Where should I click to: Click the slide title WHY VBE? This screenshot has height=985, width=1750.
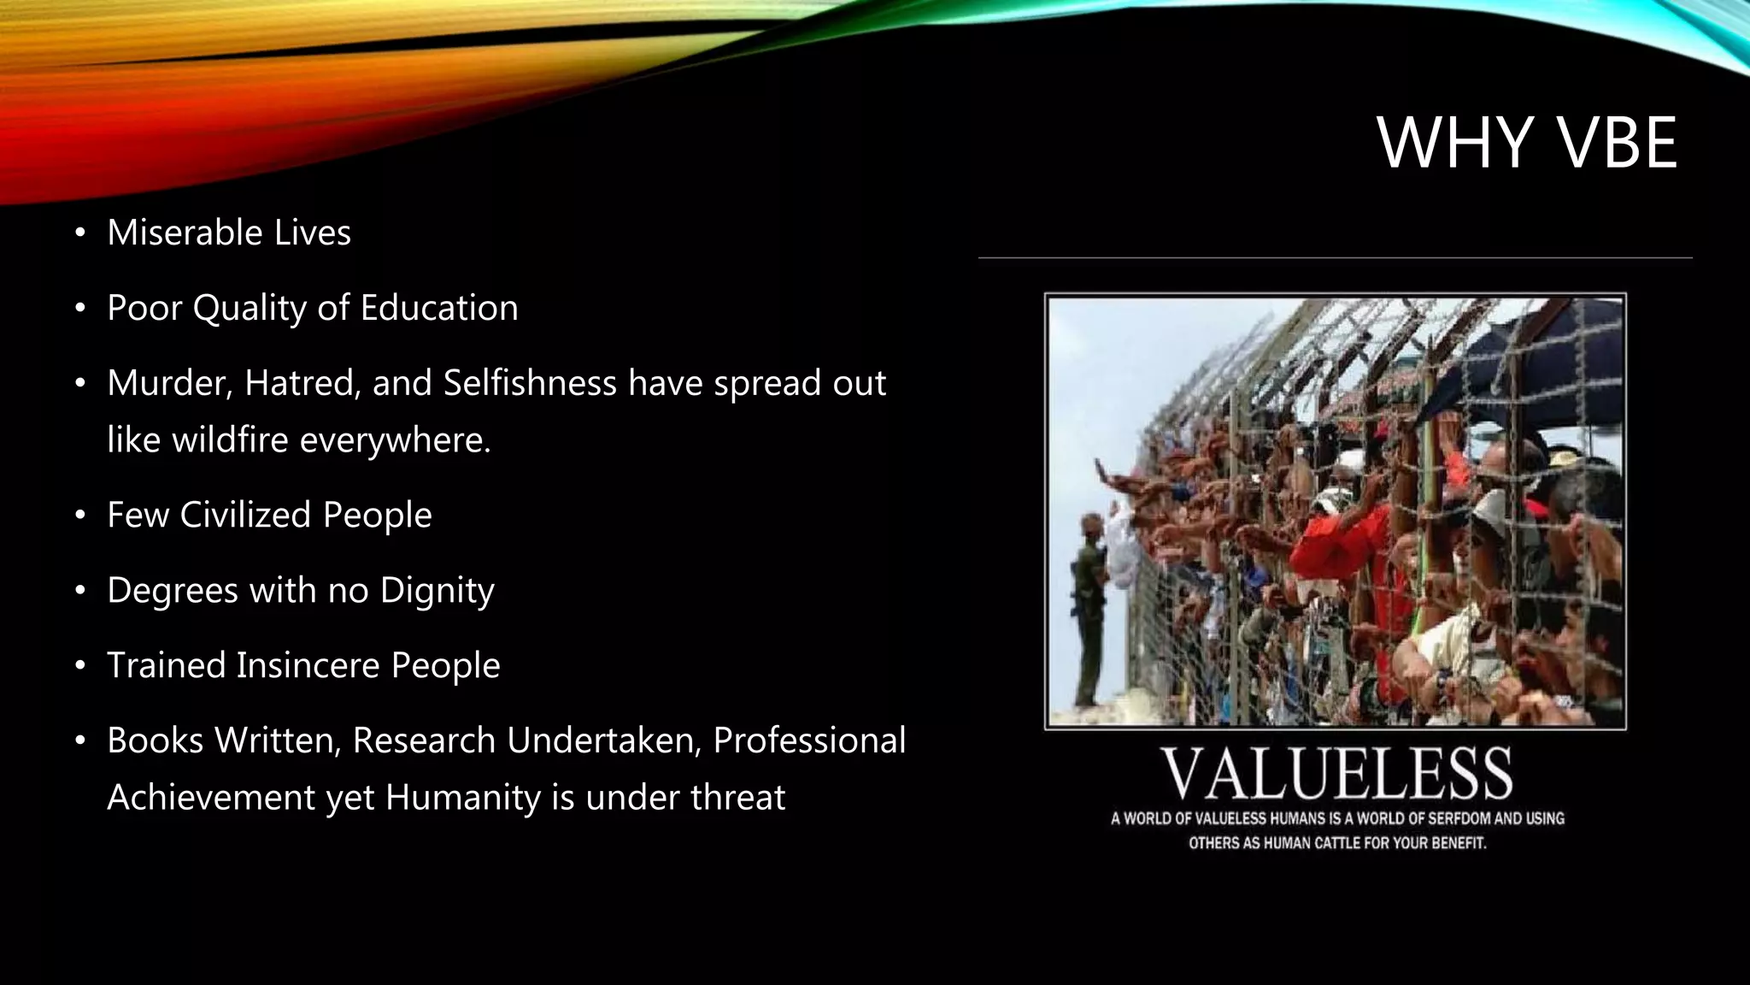[x=1527, y=143]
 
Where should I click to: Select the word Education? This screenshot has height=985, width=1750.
[x=439, y=308]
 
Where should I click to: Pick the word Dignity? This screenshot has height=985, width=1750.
[x=437, y=590]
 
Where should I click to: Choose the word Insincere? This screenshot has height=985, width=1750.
[x=308, y=665]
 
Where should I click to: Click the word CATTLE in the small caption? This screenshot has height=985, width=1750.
[x=1336, y=843]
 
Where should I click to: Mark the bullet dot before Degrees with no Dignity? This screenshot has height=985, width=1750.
[x=80, y=591]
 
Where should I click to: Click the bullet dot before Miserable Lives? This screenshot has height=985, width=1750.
[x=80, y=233]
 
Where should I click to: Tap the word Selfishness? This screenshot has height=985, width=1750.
[x=530, y=383]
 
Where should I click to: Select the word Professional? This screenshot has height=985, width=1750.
[x=809, y=740]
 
